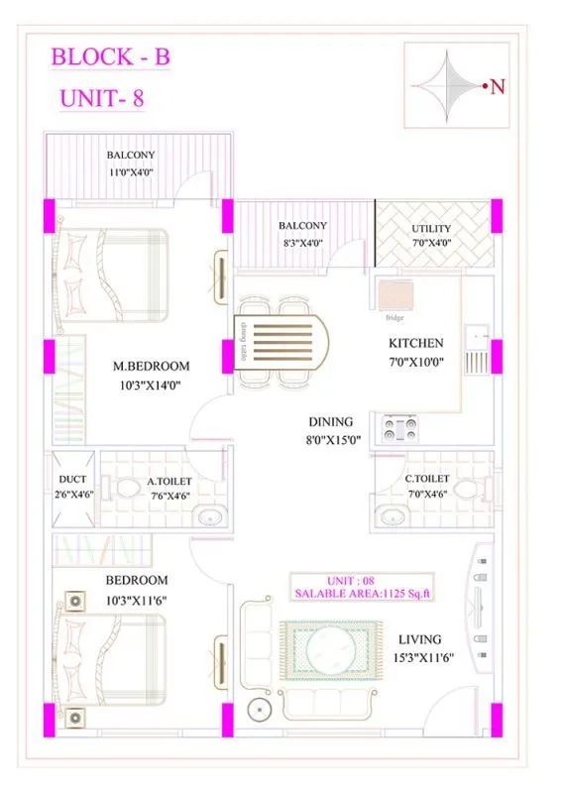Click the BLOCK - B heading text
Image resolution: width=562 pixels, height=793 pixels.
coord(110,57)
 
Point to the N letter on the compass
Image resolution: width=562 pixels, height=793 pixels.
coord(499,86)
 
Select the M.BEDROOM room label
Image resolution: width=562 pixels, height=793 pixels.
coord(151,366)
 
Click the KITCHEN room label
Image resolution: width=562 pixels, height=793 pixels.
coord(414,343)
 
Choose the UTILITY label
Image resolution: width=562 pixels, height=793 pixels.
coord(431,229)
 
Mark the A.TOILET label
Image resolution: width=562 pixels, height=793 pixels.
coord(169,482)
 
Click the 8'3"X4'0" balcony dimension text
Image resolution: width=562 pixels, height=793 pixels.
coord(302,242)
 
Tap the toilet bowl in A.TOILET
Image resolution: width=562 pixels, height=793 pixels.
coord(126,489)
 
